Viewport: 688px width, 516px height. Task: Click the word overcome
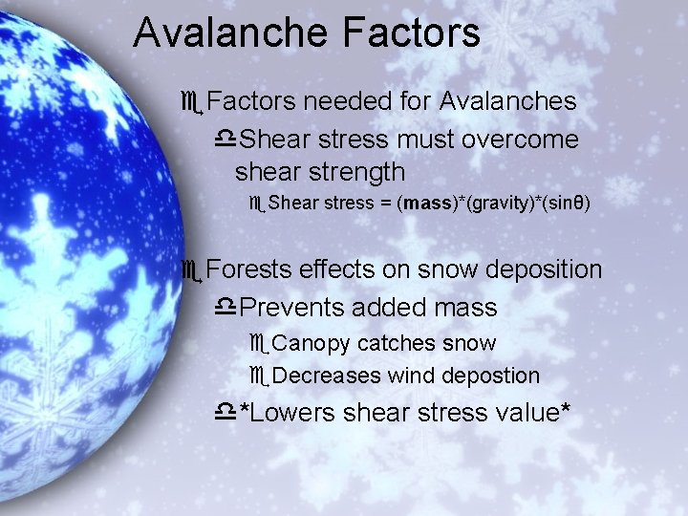[520, 140]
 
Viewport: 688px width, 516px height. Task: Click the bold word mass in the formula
[428, 204]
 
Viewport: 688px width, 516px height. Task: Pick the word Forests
[248, 270]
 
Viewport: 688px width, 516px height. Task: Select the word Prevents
[290, 308]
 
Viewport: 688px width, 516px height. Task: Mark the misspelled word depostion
[489, 376]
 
